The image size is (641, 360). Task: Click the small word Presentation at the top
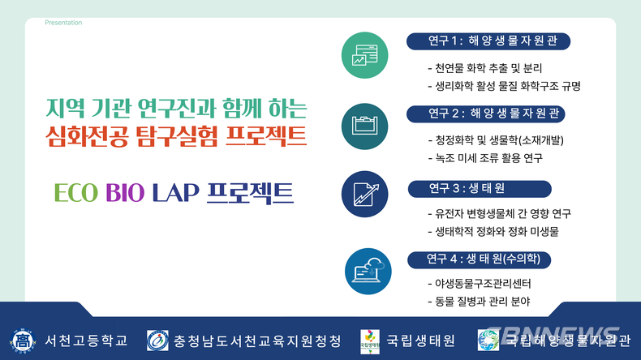tap(63, 23)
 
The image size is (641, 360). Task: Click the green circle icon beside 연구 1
tap(364, 55)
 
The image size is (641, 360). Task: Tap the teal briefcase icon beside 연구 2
tap(364, 126)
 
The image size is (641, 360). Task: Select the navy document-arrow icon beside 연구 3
tap(364, 194)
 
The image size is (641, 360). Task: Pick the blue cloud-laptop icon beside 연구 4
tap(368, 272)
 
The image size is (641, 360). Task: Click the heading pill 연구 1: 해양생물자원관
tap(488, 41)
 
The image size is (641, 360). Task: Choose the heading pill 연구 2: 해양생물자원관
tap(486, 114)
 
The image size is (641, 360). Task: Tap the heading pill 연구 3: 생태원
tap(480, 189)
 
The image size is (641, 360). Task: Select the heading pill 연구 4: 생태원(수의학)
tap(479, 259)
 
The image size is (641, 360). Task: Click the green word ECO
tap(76, 193)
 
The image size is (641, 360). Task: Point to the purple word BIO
tap(125, 193)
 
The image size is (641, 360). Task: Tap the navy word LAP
tap(176, 193)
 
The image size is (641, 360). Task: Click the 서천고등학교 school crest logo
tap(23, 341)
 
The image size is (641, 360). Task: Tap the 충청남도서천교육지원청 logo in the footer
tap(157, 341)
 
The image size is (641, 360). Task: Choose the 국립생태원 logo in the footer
tap(370, 341)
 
